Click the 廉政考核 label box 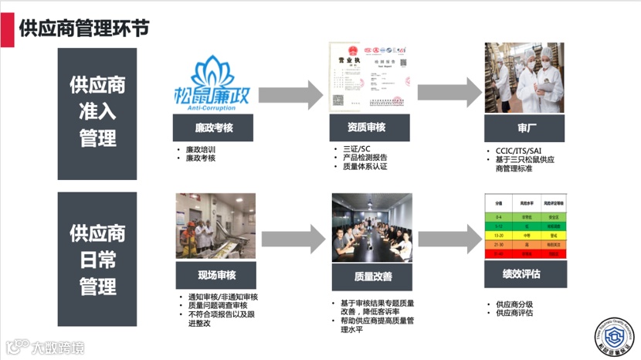point(212,127)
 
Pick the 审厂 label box point(523,127)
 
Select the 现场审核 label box point(216,274)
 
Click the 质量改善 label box point(372,276)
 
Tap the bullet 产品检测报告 point(365,158)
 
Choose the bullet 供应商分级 point(514,304)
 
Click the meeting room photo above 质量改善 point(372,227)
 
